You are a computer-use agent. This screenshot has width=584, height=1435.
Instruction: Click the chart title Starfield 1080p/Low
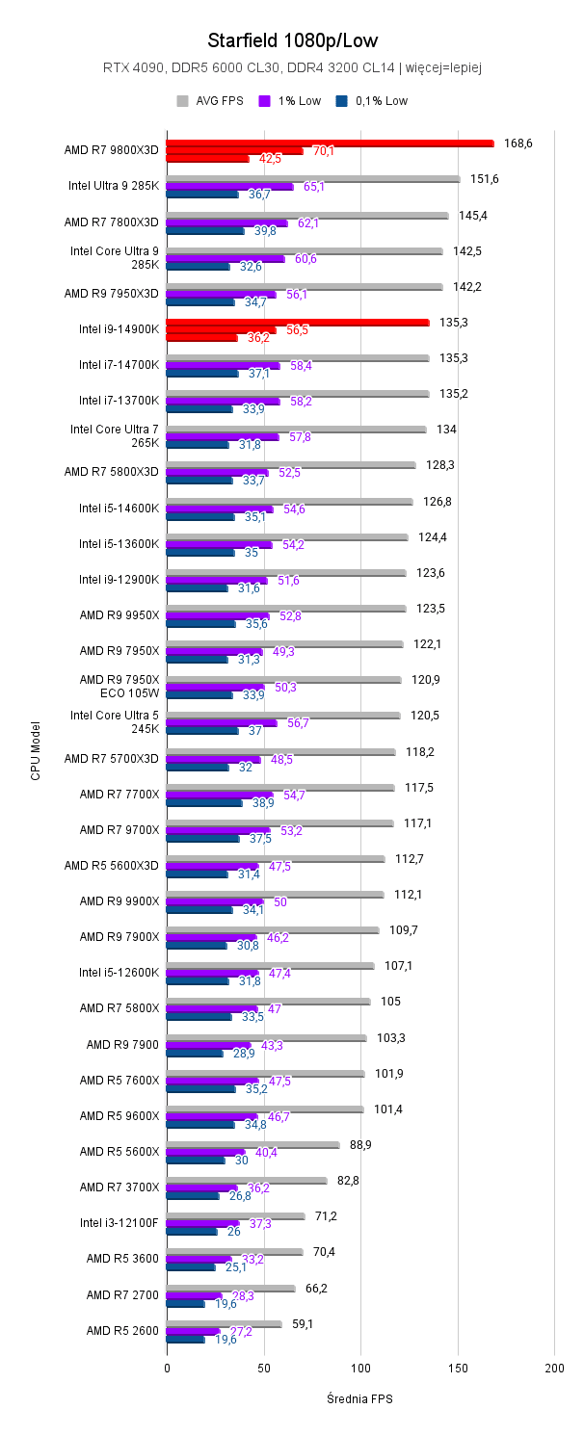click(292, 40)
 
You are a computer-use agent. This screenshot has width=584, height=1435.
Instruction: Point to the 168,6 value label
click(518, 143)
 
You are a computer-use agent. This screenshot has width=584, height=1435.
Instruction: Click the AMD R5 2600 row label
click(122, 1330)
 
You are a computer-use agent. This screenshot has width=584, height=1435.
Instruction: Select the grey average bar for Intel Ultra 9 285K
click(313, 179)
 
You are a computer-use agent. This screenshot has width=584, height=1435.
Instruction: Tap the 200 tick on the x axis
click(554, 1368)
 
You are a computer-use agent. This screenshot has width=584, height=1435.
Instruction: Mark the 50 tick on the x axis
click(263, 1368)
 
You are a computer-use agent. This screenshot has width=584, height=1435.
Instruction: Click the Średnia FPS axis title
click(359, 1398)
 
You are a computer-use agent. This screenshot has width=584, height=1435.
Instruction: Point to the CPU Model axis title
click(36, 750)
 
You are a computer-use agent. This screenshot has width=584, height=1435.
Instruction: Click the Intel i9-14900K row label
click(119, 329)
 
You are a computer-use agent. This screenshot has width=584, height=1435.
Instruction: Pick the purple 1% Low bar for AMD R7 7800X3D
click(226, 223)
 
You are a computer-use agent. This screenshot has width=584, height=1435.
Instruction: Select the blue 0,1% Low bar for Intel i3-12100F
click(192, 1232)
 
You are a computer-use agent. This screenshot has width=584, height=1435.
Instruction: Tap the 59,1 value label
click(303, 1324)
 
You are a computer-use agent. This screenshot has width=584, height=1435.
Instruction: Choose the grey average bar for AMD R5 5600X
click(252, 1145)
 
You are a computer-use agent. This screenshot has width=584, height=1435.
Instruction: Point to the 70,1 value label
click(324, 151)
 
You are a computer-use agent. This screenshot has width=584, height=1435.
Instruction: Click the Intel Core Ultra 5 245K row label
click(115, 721)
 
